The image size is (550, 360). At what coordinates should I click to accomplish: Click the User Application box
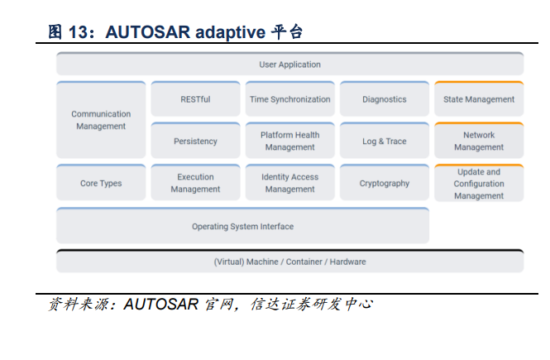(289, 65)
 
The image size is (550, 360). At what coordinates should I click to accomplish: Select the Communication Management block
(101, 120)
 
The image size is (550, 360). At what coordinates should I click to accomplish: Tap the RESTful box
(195, 99)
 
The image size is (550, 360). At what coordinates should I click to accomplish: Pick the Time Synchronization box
(289, 99)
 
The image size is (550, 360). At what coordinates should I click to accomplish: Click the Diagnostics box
(384, 99)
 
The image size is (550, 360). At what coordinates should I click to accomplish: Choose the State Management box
(478, 99)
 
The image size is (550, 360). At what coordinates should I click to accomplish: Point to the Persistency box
(195, 142)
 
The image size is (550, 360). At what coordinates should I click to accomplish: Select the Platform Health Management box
(289, 142)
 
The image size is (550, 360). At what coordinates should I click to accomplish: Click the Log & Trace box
(384, 142)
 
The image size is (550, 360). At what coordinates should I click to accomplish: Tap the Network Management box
(478, 142)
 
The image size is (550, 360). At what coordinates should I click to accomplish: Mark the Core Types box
(101, 184)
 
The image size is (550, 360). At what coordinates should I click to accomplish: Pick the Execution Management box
(195, 184)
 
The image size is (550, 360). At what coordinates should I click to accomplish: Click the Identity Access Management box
(289, 184)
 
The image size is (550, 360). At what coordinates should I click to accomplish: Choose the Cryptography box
(384, 184)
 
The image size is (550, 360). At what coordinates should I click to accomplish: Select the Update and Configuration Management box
(478, 184)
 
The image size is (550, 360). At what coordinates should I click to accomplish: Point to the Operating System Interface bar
(242, 226)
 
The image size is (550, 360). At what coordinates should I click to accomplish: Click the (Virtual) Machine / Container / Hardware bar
(289, 262)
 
